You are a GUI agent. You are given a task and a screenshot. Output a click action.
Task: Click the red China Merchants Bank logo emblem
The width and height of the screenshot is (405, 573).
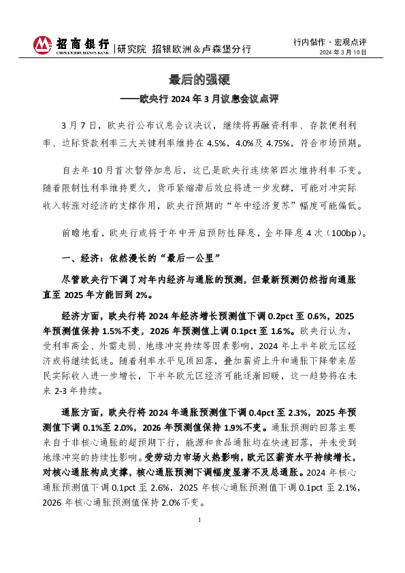43,45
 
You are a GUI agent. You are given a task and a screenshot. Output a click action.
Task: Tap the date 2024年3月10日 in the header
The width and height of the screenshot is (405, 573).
343,52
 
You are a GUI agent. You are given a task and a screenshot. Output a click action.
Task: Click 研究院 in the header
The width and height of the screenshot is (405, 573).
131,49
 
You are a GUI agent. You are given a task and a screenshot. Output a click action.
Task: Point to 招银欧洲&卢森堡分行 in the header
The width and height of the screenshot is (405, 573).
201,49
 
